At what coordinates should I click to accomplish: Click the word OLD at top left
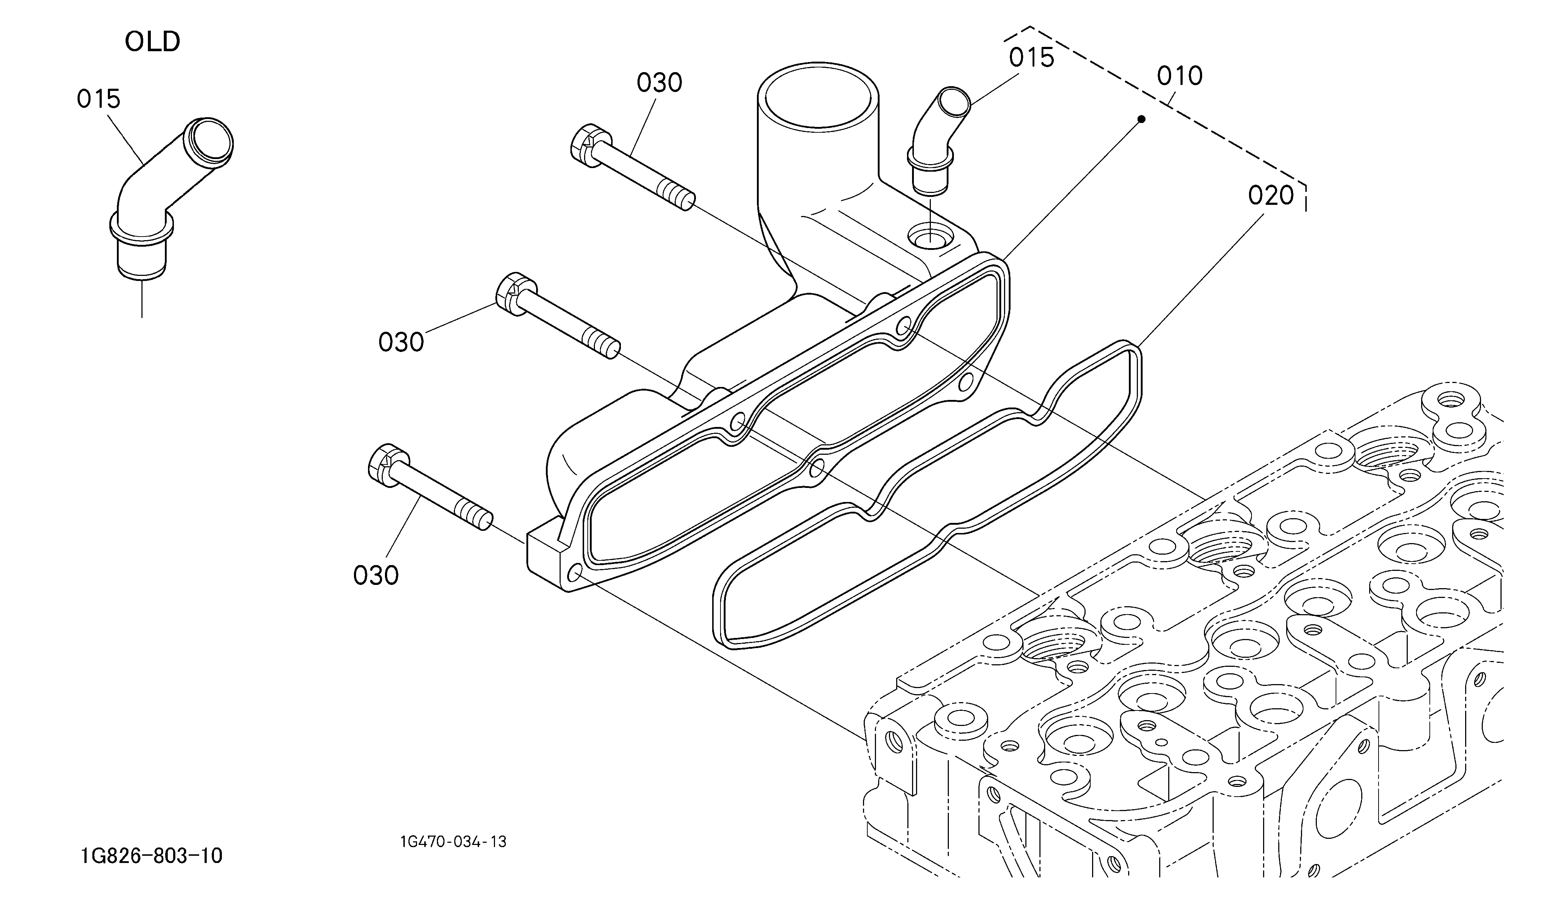pyautogui.click(x=152, y=42)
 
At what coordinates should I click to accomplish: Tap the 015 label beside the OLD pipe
pyautogui.click(x=98, y=98)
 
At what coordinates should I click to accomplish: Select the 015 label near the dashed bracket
pyautogui.click(x=1031, y=58)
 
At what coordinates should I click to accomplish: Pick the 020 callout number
pyautogui.click(x=1271, y=195)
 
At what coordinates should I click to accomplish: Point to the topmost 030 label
pyautogui.click(x=659, y=83)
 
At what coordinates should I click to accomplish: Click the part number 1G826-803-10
pyautogui.click(x=152, y=856)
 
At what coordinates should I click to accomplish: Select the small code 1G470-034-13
pyautogui.click(x=453, y=841)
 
